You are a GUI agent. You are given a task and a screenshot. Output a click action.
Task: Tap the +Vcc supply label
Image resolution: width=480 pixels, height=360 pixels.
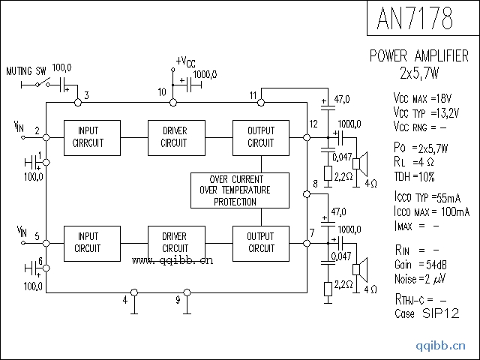click(x=186, y=61)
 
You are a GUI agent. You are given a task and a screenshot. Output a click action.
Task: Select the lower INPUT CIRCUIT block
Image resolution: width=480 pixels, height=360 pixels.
click(x=89, y=242)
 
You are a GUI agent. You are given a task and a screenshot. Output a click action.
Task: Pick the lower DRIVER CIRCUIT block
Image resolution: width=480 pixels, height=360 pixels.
click(x=175, y=242)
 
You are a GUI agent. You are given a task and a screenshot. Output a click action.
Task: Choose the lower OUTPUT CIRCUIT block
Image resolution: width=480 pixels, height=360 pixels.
click(x=260, y=242)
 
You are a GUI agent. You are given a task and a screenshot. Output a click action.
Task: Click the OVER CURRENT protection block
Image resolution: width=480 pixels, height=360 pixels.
click(x=239, y=190)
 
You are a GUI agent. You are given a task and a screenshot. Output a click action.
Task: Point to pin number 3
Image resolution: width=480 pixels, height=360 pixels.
click(x=87, y=95)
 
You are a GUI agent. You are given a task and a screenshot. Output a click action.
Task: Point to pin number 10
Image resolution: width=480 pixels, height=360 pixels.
click(x=162, y=91)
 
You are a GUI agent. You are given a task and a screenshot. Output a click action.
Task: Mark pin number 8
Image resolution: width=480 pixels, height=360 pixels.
click(x=315, y=183)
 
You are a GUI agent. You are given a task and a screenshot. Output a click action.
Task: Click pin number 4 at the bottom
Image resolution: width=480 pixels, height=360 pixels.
click(x=124, y=300)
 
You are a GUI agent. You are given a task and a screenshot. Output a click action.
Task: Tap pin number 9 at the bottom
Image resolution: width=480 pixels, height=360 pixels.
click(x=178, y=300)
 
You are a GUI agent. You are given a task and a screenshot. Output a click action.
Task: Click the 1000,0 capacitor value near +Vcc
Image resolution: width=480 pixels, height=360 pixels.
click(x=205, y=74)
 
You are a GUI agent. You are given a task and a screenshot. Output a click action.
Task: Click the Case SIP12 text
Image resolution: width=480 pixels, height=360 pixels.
click(x=427, y=313)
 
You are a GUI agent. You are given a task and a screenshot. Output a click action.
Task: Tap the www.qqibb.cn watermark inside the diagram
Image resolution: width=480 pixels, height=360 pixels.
click(x=172, y=261)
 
